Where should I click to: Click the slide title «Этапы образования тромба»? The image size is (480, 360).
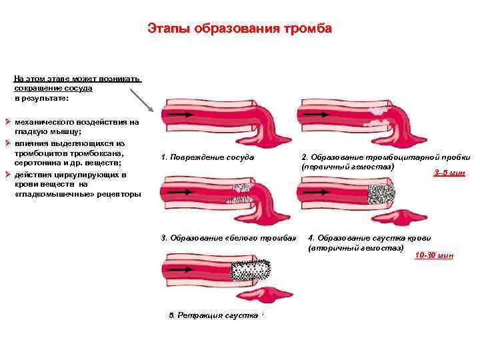(239, 29)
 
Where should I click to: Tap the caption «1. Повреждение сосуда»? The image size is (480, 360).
(207, 158)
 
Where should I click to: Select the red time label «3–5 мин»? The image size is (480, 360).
(449, 173)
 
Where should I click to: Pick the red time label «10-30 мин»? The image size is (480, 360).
(434, 255)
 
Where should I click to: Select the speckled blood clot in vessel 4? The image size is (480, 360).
(382, 194)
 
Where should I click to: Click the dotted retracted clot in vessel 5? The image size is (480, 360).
(252, 272)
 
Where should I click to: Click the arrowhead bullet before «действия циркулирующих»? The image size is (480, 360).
(7, 175)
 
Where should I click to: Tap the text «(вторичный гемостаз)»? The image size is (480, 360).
(356, 248)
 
